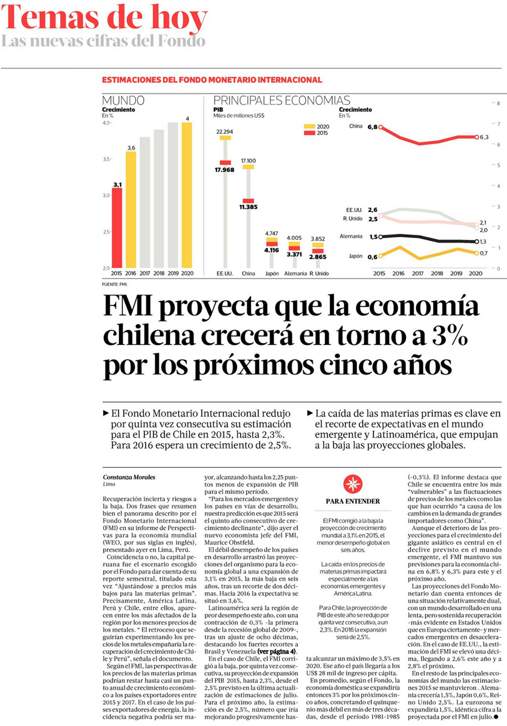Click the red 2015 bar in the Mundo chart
coord(117,228)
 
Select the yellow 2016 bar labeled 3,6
coord(131,210)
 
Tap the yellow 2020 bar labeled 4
coord(187,195)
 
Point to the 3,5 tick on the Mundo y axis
coord(106,159)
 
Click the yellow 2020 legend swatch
coord(309,126)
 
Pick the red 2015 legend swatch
coord(309,133)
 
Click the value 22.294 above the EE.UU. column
coord(225,132)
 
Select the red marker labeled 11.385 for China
coord(248,201)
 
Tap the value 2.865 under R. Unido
coord(318,257)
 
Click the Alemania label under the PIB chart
coord(295,274)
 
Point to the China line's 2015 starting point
coord(381,127)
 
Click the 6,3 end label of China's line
coord(484,137)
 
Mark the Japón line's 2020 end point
coord(477,253)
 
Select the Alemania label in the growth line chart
coord(351,236)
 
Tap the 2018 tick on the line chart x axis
coord(437,274)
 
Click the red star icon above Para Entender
coord(353,484)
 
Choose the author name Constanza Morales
coord(129,477)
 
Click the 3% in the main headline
coord(450,336)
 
